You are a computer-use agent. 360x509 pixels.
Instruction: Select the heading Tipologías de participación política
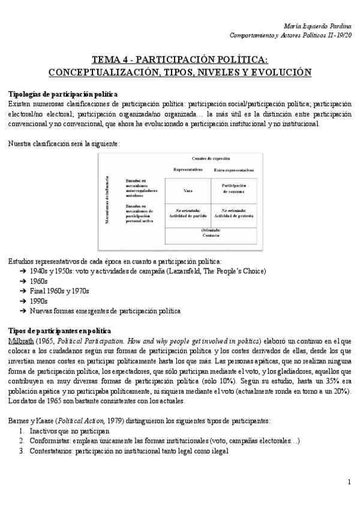62,95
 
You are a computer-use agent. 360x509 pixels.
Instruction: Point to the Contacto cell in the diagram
211,235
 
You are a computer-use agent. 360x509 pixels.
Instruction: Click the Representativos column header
188,170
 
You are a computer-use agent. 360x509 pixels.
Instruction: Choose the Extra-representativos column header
234,170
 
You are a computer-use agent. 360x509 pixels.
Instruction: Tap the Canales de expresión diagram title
211,158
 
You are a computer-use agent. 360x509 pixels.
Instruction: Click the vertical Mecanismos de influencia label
107,200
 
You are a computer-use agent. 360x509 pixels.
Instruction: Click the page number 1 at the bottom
349,482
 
